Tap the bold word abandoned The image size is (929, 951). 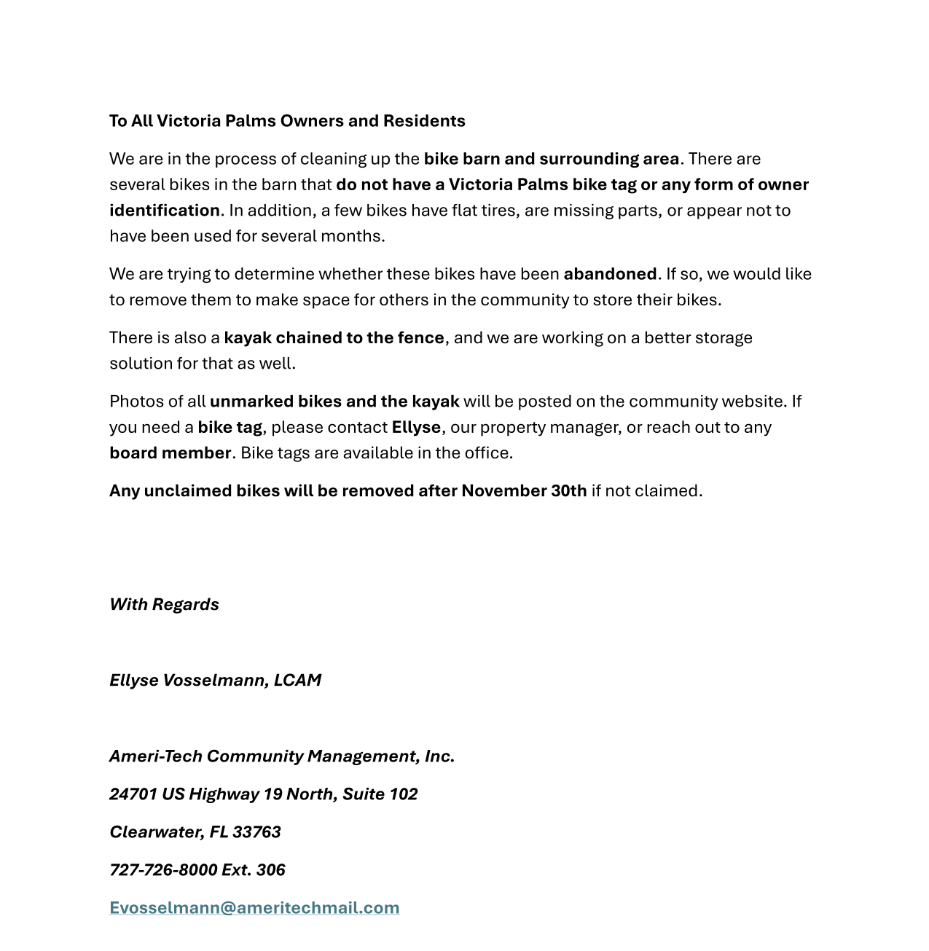(x=610, y=274)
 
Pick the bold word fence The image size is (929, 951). (x=420, y=338)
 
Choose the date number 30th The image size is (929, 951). (x=568, y=491)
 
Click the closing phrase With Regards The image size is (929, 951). (x=164, y=605)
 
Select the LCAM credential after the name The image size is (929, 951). (x=297, y=681)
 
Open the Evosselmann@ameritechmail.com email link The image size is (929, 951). (x=254, y=908)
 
